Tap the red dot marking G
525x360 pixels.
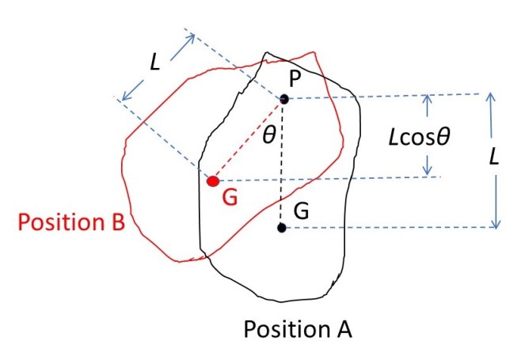(x=212, y=181)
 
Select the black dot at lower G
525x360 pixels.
(x=281, y=228)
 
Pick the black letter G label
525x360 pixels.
(x=302, y=211)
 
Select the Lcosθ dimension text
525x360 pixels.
(x=414, y=135)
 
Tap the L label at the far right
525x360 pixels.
(x=494, y=157)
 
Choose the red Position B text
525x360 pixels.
(x=70, y=223)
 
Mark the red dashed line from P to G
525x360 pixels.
(x=248, y=140)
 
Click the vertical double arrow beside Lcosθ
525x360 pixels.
(x=428, y=135)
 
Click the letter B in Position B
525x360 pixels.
(x=116, y=223)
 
